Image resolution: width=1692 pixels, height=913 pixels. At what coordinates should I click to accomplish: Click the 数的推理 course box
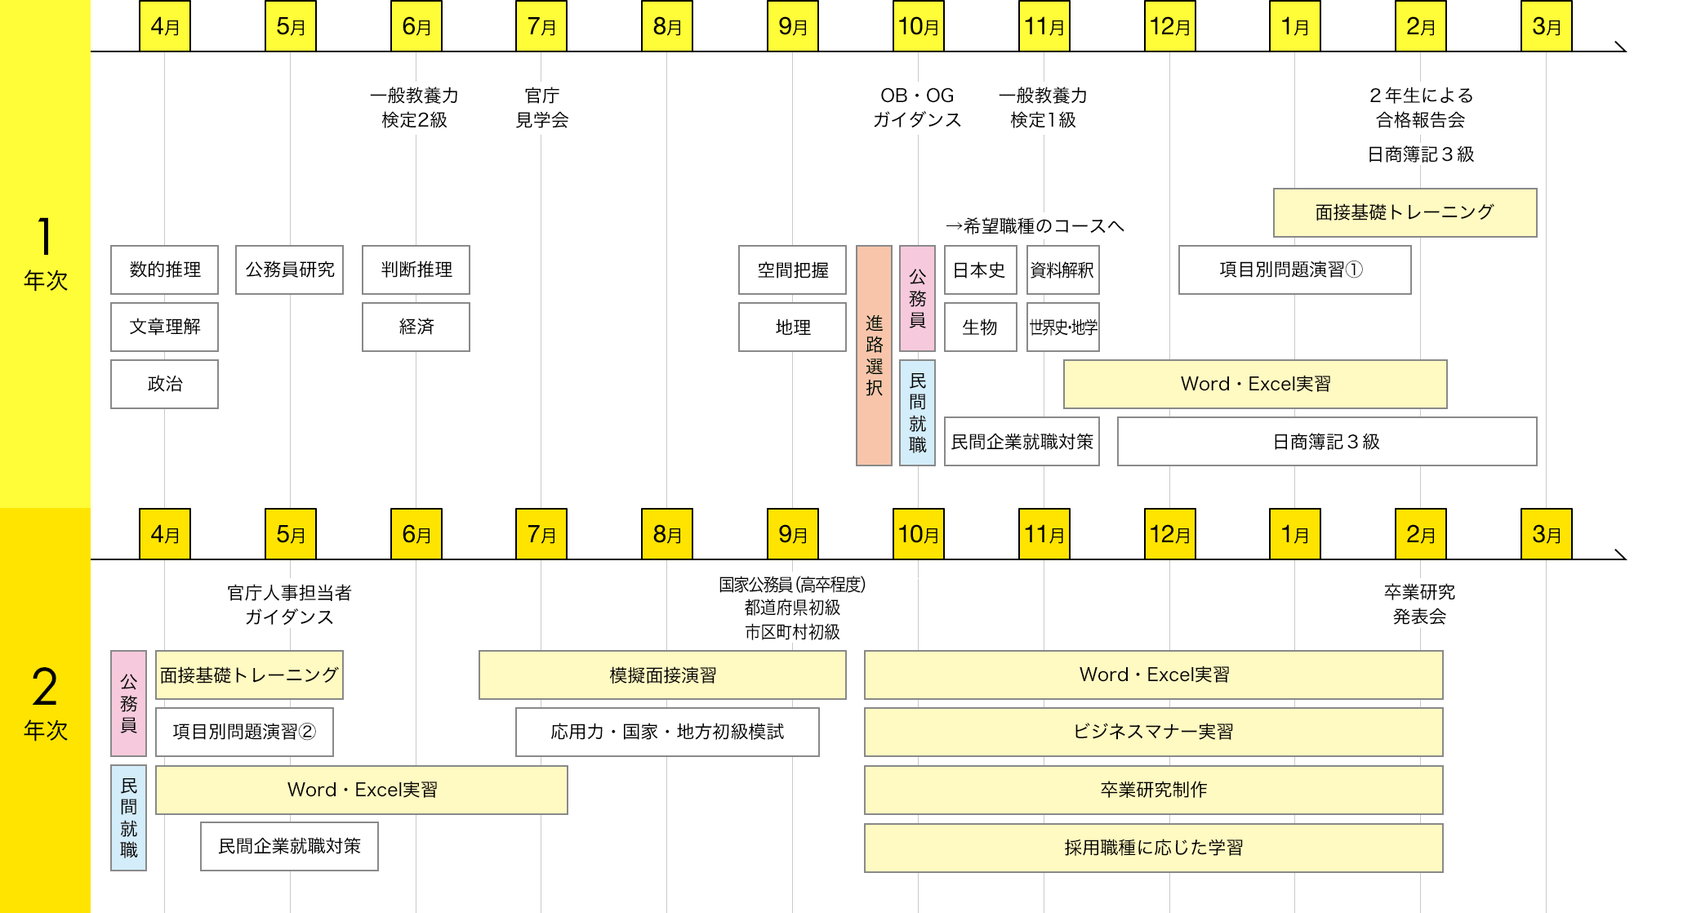[x=164, y=269]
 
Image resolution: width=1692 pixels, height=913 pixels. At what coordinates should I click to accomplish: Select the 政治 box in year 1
[x=164, y=384]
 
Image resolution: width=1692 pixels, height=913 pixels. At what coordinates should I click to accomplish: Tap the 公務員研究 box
[x=289, y=269]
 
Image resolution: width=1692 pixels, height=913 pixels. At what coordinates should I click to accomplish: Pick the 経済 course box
[x=416, y=327]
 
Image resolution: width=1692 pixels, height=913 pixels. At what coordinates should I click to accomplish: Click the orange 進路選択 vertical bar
[x=874, y=355]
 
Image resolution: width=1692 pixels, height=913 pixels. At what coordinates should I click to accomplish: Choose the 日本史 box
[x=980, y=269]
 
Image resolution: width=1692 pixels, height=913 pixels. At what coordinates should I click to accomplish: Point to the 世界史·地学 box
[x=1062, y=327]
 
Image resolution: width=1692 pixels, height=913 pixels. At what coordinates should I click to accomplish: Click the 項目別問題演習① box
[x=1294, y=269]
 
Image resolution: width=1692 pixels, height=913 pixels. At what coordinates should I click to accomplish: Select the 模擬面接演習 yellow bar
[x=662, y=675]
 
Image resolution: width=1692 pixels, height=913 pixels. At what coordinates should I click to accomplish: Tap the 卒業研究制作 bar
[x=1153, y=790]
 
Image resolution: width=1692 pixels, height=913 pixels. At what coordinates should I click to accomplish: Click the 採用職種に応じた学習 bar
[x=1153, y=848]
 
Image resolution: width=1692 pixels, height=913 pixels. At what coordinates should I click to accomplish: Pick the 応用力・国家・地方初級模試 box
[x=667, y=732]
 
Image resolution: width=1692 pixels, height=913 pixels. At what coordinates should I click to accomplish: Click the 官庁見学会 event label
[x=541, y=108]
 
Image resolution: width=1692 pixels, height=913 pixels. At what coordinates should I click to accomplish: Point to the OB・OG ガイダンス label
[x=917, y=108]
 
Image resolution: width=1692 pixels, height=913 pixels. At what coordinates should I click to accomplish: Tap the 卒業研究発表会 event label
[x=1419, y=604]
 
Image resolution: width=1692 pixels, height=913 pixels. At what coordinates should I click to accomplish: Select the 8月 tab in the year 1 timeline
[x=667, y=27]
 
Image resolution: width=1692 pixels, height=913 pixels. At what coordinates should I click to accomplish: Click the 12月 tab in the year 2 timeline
[x=1169, y=535]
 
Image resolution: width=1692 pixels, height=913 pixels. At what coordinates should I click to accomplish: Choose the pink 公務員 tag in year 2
[x=129, y=703]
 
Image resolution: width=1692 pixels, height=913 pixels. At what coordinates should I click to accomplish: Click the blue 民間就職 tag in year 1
[x=917, y=412]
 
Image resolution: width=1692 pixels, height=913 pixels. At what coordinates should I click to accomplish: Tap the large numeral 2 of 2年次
[x=45, y=687]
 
